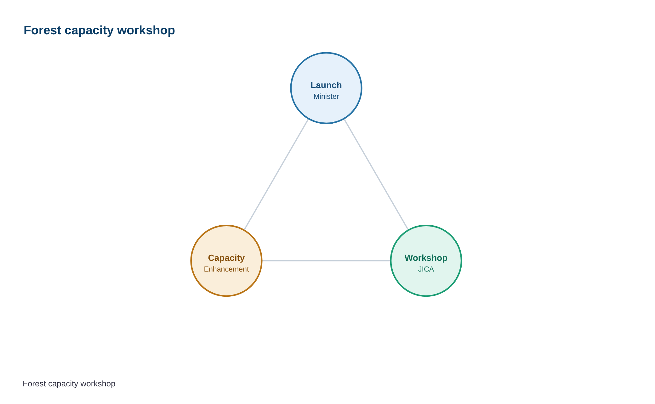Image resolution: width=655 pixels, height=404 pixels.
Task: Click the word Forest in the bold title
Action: pyautogui.click(x=42, y=31)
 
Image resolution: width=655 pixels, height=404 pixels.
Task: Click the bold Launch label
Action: pyautogui.click(x=326, y=85)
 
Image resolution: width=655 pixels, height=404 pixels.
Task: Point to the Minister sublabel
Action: pyautogui.click(x=326, y=97)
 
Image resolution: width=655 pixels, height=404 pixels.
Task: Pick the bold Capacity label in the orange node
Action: pyautogui.click(x=226, y=258)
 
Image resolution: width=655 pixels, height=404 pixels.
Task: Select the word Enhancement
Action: pyautogui.click(x=226, y=269)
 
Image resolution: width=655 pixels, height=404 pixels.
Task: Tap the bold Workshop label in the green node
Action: pyautogui.click(x=426, y=258)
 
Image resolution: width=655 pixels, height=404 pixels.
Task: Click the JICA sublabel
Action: pyautogui.click(x=426, y=269)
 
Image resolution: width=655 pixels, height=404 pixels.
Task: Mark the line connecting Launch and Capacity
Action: pyautogui.click(x=276, y=174)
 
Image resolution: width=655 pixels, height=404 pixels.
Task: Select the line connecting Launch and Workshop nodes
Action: pyautogui.click(x=376, y=174)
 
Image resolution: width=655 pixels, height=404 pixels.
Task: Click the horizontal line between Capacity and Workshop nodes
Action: pyautogui.click(x=326, y=261)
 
